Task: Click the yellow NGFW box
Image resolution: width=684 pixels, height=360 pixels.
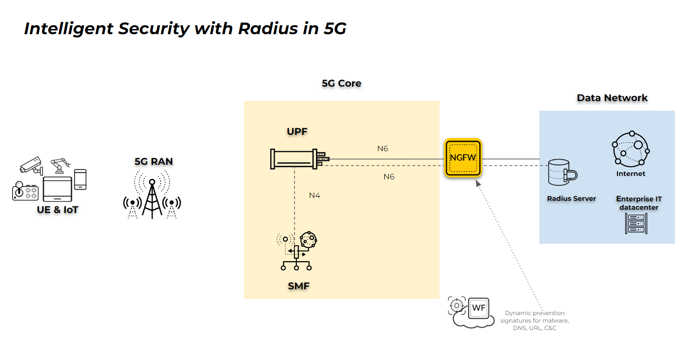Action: click(x=463, y=158)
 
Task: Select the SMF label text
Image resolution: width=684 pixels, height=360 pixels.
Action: click(x=299, y=286)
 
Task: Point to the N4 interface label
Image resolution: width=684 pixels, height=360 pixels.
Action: click(x=315, y=195)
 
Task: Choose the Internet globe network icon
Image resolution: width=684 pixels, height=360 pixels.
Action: click(x=631, y=148)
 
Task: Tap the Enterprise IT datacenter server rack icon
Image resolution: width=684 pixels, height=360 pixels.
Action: click(x=636, y=223)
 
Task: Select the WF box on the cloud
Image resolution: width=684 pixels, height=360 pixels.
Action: click(x=478, y=308)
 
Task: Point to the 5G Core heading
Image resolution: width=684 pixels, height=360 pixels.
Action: click(x=341, y=83)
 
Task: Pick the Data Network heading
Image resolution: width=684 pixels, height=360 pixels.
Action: click(x=612, y=98)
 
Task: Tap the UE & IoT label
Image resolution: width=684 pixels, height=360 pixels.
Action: click(x=58, y=210)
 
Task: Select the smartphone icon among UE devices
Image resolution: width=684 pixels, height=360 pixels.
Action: click(x=81, y=179)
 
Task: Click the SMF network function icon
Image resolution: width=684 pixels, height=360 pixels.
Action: click(x=297, y=251)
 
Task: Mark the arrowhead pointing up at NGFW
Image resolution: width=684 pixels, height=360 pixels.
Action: click(x=478, y=183)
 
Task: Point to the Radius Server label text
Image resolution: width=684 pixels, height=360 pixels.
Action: click(x=571, y=198)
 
